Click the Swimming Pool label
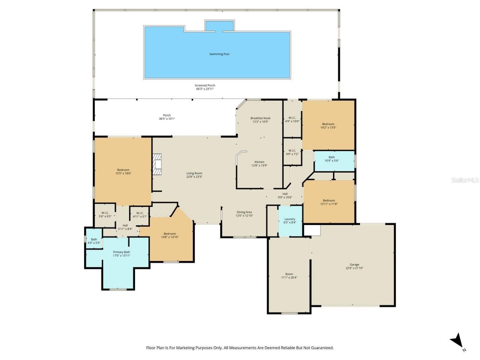point(219,54)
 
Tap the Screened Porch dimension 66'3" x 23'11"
point(205,89)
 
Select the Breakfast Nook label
point(260,118)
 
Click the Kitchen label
point(259,162)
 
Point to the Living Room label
point(194,173)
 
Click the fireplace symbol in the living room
point(157,164)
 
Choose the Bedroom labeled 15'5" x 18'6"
point(123,170)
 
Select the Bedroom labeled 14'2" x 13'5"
point(328,124)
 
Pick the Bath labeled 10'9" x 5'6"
point(331,157)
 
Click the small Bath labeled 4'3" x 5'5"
point(94,239)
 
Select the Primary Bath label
point(121,252)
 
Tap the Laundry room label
point(289,219)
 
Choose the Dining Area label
point(244,212)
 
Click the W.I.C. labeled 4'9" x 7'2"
point(292,150)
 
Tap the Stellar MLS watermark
point(465,180)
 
